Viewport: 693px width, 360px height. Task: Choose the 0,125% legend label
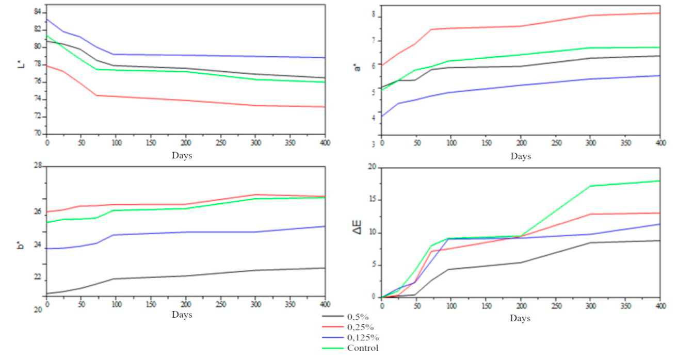point(363,337)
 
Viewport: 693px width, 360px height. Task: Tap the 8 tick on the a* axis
point(376,17)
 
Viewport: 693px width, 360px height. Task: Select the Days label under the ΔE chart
point(520,319)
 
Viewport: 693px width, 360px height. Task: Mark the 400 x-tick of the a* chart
point(659,142)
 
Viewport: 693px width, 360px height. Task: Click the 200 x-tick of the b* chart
point(186,304)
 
